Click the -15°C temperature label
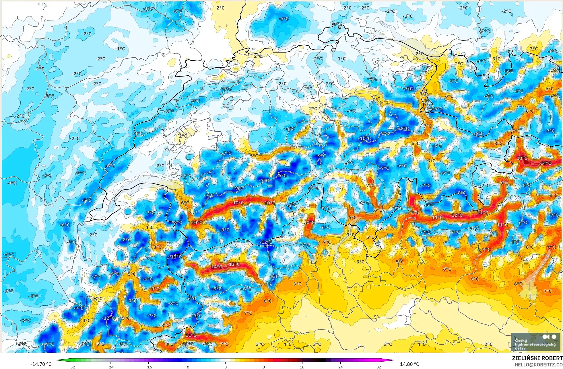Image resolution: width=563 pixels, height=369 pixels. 176,257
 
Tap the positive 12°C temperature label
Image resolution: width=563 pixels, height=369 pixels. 457,215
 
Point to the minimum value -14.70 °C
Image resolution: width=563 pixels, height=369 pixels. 41,364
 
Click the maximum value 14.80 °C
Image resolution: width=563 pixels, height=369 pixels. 409,364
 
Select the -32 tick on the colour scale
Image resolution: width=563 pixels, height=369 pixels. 72,367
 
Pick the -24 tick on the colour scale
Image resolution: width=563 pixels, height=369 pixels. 110,367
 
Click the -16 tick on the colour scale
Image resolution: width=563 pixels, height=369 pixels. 148,367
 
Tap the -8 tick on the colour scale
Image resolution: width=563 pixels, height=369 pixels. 187,367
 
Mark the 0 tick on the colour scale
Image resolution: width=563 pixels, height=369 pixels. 225,367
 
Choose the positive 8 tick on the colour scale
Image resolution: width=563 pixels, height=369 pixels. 263,367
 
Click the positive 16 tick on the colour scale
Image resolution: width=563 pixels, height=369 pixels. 302,367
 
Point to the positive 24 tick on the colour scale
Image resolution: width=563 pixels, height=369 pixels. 340,367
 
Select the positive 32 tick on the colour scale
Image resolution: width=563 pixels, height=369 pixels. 378,367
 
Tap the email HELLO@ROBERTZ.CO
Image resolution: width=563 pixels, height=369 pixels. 538,365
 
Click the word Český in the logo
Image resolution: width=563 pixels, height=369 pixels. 521,340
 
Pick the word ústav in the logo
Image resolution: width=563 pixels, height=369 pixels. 521,348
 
